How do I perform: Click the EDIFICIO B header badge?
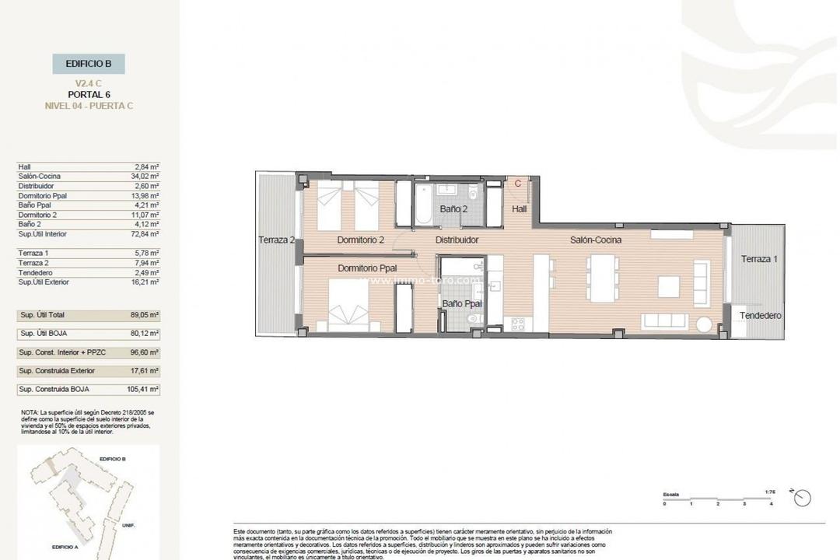point(88,64)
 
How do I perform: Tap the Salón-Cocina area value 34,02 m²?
point(145,177)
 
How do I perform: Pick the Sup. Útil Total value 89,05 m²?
point(144,315)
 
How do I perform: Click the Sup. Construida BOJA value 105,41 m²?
point(142,389)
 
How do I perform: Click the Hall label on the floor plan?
point(519,208)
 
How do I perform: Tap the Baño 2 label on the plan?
point(453,208)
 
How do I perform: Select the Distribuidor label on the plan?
point(457,240)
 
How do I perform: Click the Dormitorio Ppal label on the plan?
point(367,268)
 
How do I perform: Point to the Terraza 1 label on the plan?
point(758,259)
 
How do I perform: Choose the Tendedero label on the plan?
point(760,316)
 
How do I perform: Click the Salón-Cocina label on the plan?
point(596,240)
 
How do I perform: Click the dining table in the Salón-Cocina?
point(603,278)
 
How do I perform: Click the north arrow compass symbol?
point(802,498)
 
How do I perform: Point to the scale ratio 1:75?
point(771,492)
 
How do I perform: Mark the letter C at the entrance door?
point(518,184)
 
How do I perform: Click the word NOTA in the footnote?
point(30,412)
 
